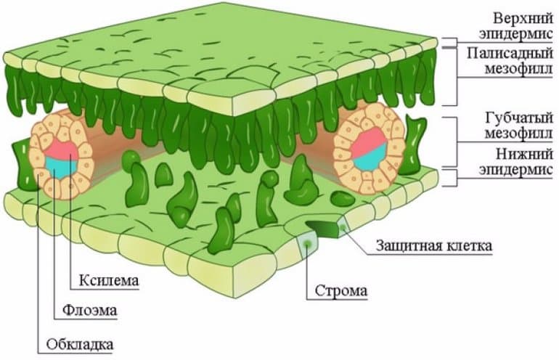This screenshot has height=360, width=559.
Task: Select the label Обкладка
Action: pos(78,342)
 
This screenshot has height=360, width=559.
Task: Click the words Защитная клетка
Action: pos(434,245)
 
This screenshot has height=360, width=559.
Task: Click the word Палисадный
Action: pos(508,52)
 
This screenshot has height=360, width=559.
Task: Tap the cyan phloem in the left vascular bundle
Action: pos(58,166)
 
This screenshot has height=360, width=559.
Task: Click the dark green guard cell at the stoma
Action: pos(323,228)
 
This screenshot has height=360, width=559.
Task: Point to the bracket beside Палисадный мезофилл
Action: pos(454,76)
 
